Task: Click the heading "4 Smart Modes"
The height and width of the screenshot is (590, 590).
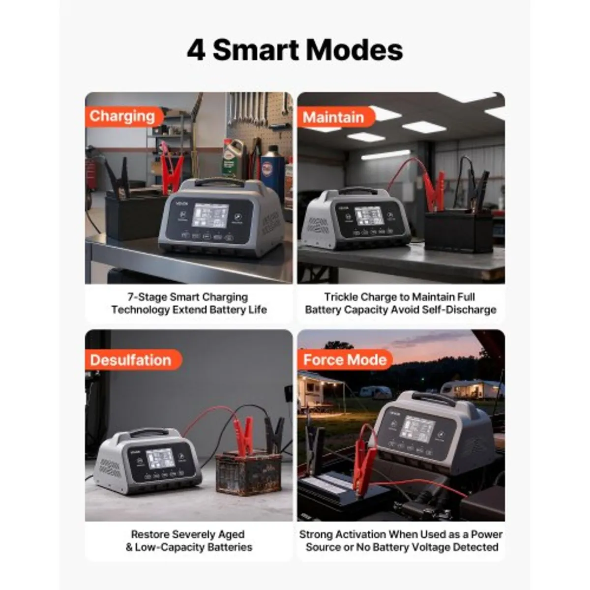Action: (295, 50)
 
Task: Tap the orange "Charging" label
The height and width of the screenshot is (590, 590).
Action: (122, 117)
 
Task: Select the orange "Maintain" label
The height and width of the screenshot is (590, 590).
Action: (333, 118)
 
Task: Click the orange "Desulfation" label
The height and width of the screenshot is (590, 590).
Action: (131, 360)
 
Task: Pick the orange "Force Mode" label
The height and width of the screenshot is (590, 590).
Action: (345, 360)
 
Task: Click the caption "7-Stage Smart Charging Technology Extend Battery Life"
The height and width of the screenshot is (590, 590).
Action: (189, 303)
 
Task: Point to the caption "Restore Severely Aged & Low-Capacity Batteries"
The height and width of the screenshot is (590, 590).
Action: (189, 540)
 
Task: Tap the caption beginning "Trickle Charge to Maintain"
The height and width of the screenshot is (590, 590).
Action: (401, 303)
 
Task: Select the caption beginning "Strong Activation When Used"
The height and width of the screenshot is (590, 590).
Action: (401, 540)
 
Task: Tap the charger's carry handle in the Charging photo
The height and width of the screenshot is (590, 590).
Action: (213, 181)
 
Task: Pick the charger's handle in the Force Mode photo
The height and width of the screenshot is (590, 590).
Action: (433, 398)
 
